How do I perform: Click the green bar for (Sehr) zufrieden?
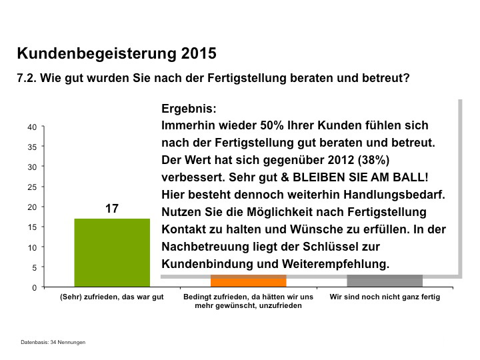click(111, 252)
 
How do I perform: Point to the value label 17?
click(111, 209)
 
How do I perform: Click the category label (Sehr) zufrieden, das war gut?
click(111, 297)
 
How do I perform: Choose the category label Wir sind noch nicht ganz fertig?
click(385, 297)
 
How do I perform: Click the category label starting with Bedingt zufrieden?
click(248, 301)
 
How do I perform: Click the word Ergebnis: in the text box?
click(189, 108)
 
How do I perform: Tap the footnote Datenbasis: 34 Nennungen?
click(53, 342)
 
